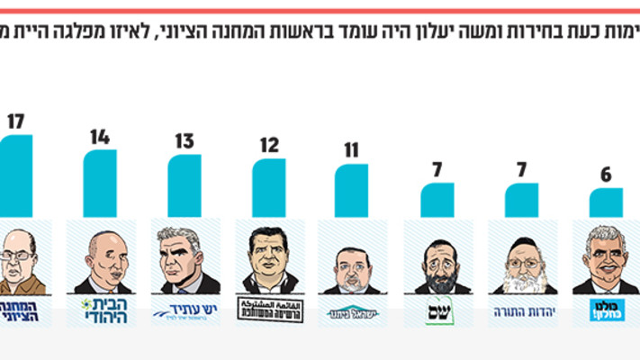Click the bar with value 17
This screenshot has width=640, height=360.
(x=16, y=175)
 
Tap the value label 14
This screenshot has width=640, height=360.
(x=99, y=137)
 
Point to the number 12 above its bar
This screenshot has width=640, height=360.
(x=268, y=146)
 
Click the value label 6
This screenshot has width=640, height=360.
(x=605, y=173)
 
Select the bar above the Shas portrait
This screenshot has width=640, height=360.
(x=437, y=200)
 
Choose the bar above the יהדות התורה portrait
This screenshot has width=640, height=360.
(x=521, y=200)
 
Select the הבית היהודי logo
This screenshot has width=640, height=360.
(x=99, y=310)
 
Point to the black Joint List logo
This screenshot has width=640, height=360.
(x=268, y=310)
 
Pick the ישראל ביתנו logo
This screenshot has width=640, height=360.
(x=352, y=312)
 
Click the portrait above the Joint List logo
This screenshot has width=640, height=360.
(x=268, y=259)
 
